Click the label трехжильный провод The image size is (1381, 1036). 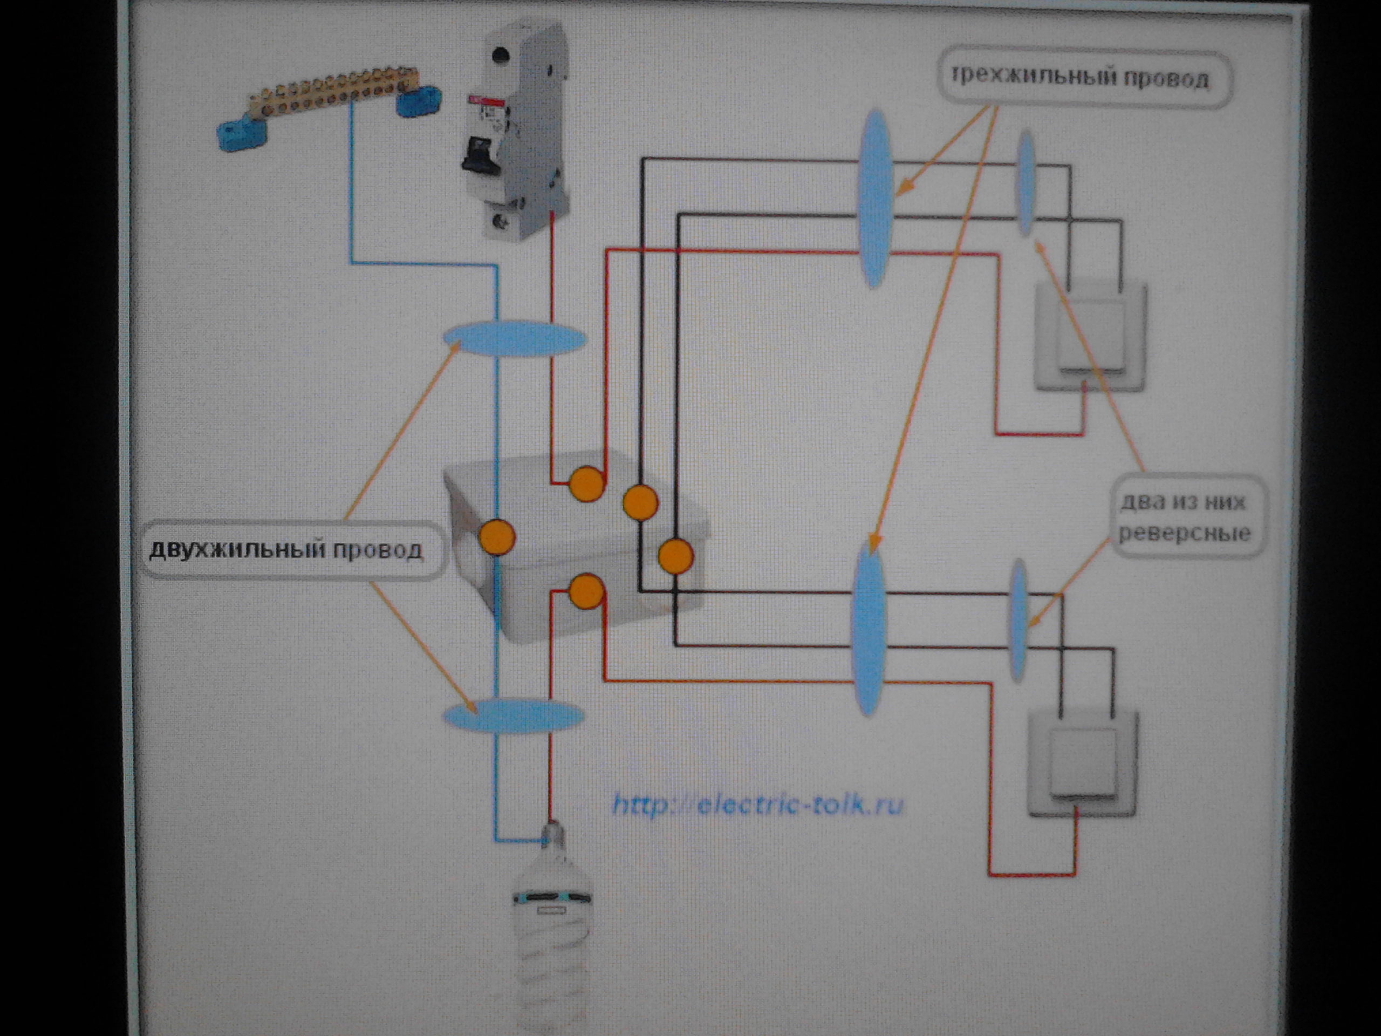(1084, 80)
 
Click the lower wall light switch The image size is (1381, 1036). (1083, 762)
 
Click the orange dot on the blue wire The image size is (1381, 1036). (497, 537)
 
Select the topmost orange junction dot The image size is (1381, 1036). (586, 484)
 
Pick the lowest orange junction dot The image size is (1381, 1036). (586, 591)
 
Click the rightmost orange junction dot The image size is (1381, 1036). (675, 555)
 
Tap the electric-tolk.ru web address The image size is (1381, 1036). (757, 805)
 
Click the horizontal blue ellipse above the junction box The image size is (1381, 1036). (515, 338)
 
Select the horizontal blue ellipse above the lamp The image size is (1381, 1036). (514, 715)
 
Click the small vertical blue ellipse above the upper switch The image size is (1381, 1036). (1026, 182)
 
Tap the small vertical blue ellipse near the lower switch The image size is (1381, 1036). (1018, 619)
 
